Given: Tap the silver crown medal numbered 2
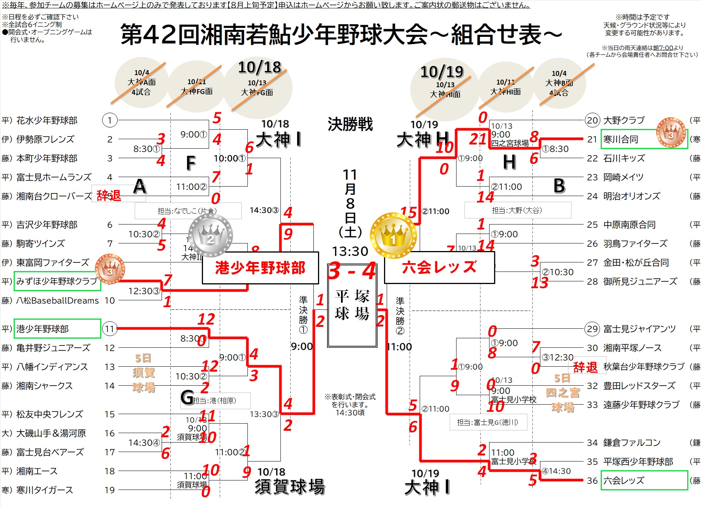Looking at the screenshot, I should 210,235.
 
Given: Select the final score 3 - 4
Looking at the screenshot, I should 352,271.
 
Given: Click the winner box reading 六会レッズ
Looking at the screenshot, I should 439,267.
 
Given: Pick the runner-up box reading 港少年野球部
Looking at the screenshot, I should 260,268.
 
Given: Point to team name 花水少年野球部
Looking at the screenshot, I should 47,121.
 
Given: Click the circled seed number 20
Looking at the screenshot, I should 592,121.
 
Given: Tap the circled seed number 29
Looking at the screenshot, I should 592,329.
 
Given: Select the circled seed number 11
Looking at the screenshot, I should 110,329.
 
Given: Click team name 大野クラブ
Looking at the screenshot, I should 624,121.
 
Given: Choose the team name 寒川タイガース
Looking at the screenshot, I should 44,490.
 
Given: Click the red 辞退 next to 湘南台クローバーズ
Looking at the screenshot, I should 109,195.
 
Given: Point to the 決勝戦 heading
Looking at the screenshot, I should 350,124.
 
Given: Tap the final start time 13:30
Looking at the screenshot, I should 350,251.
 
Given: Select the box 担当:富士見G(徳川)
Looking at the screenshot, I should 488,422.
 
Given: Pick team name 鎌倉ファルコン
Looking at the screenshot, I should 632,443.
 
